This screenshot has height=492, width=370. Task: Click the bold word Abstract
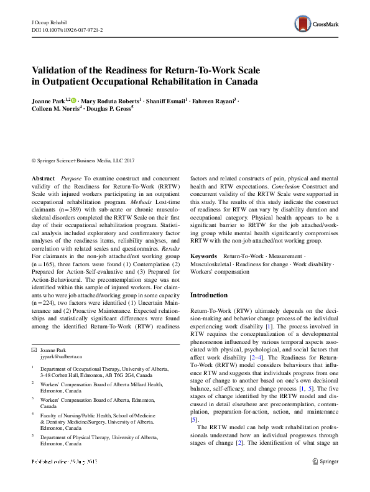[43, 178]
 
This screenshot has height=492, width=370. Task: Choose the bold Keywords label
[203, 256]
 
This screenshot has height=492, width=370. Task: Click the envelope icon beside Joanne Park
[35, 352]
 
